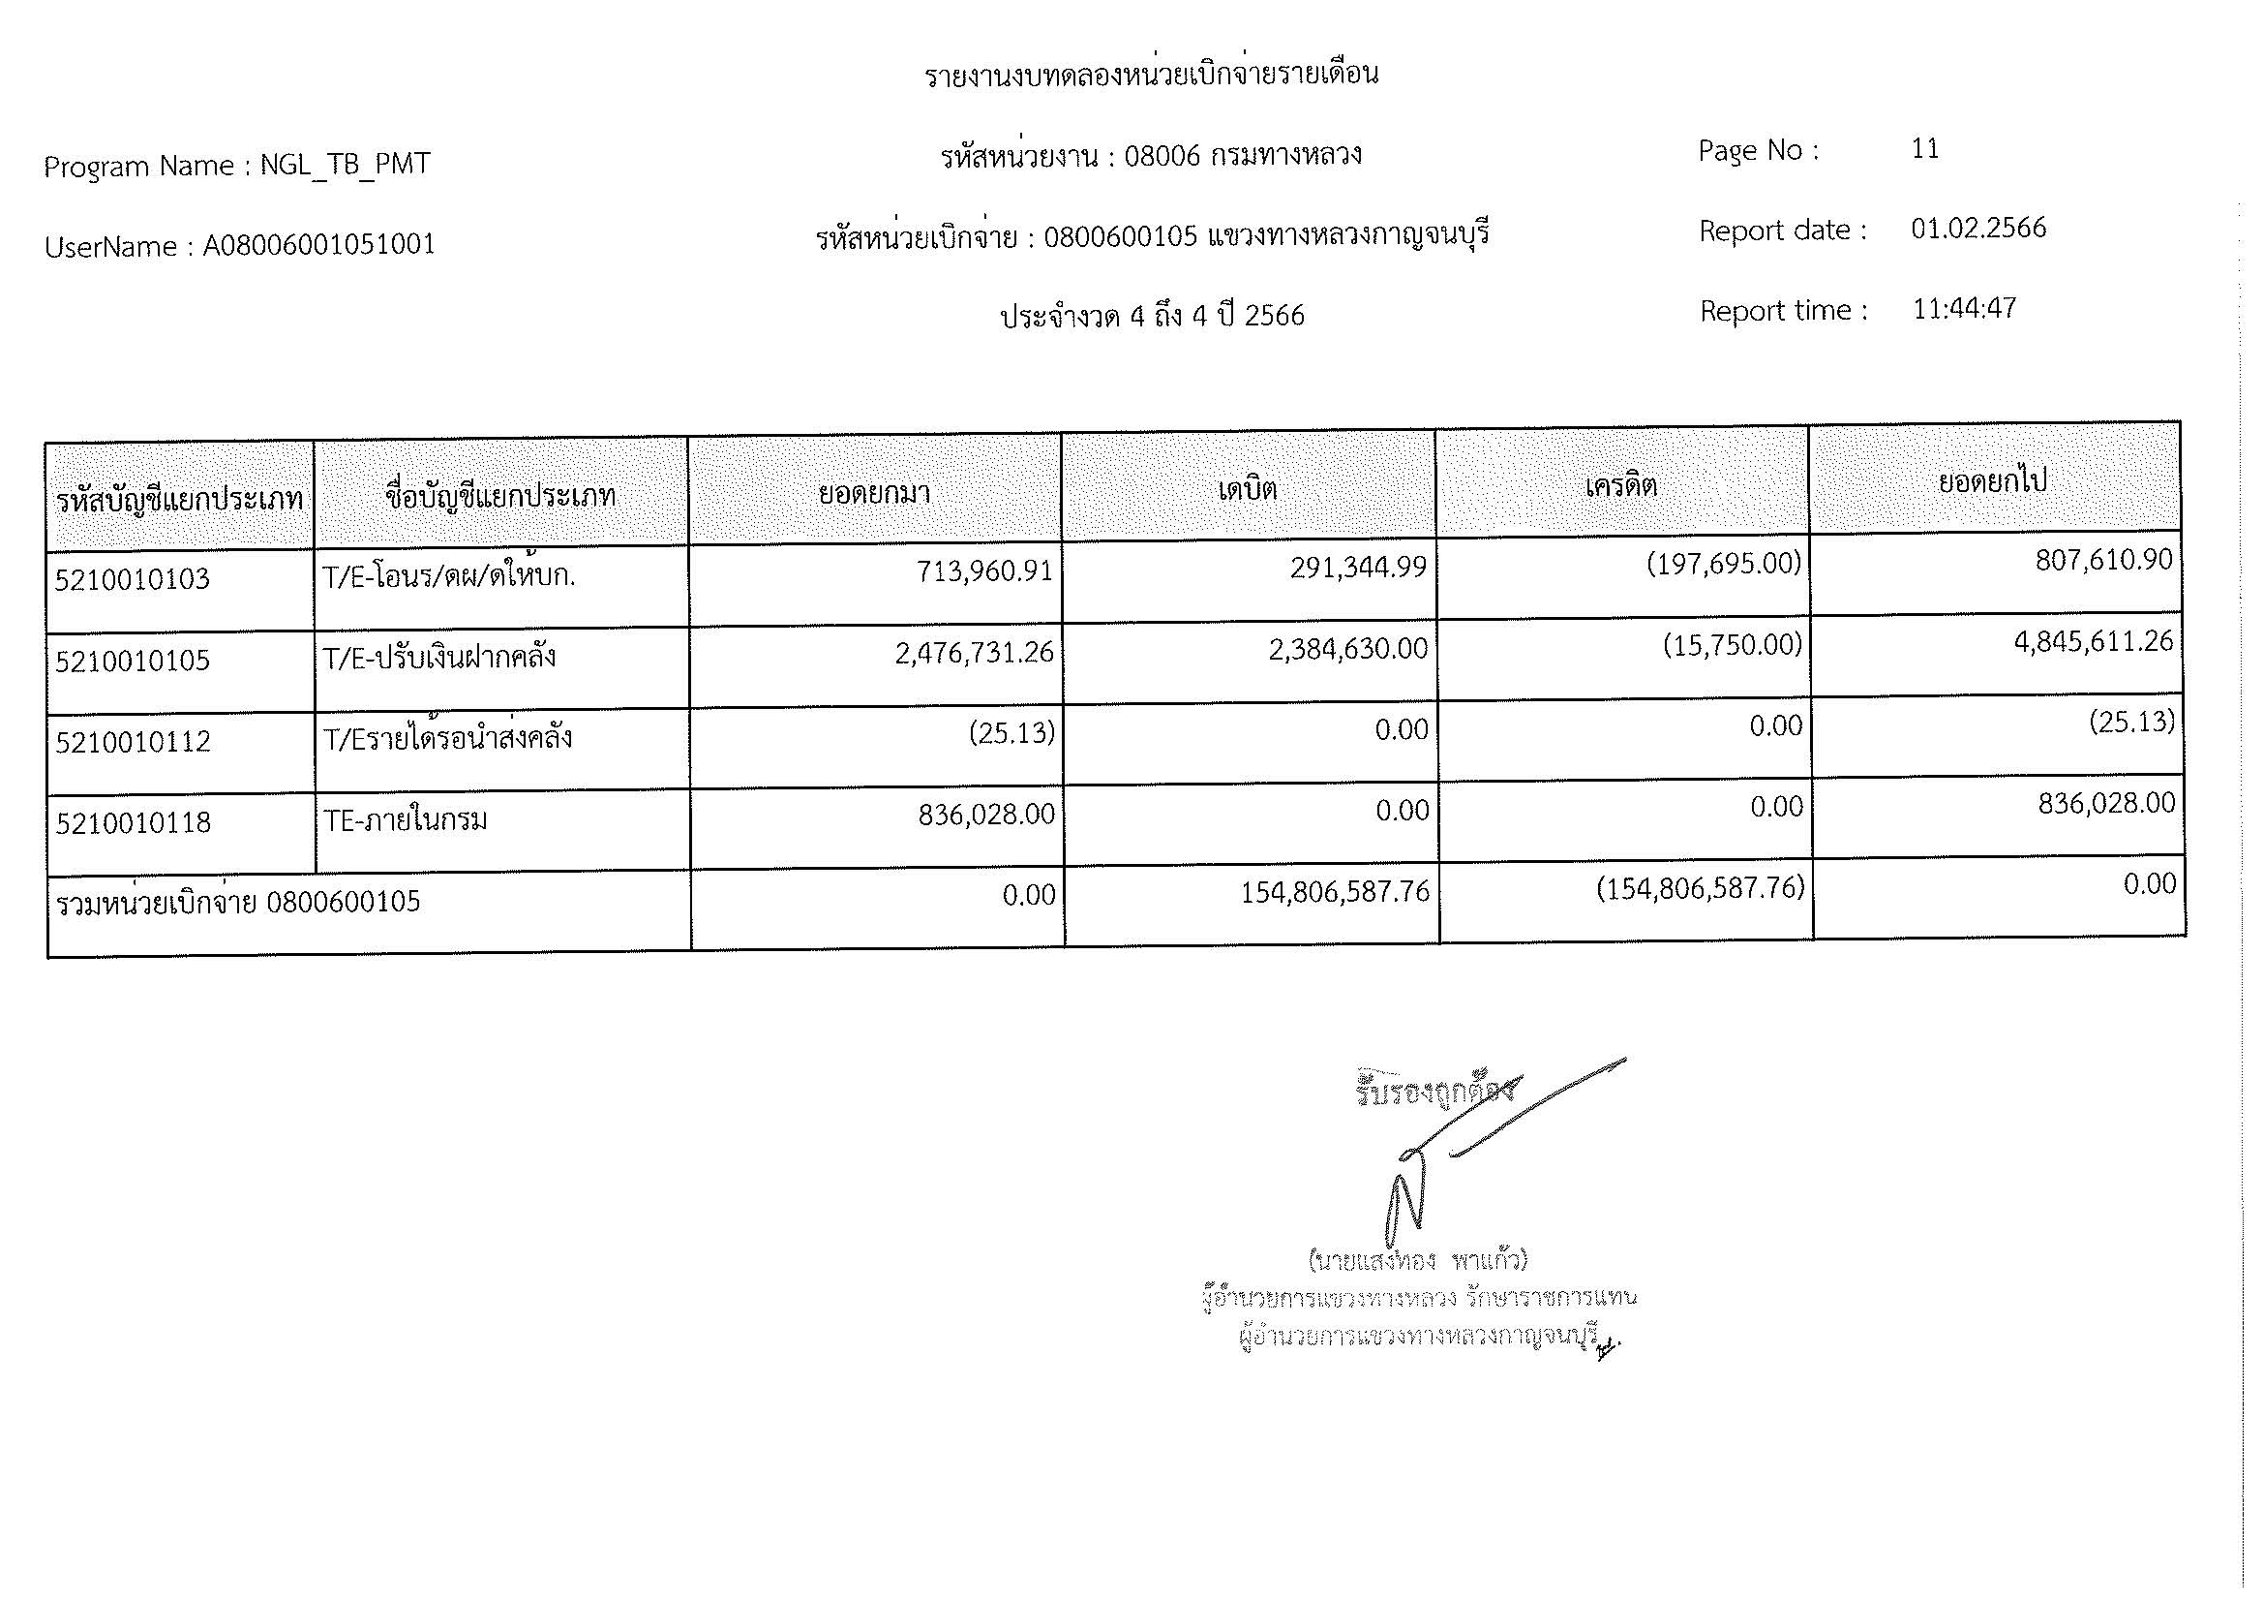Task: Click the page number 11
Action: (x=1924, y=149)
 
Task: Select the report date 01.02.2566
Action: (x=1977, y=229)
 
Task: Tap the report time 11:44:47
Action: (x=1963, y=309)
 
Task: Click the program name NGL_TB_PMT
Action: (x=346, y=164)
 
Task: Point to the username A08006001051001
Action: (x=318, y=245)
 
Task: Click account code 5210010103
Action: (x=133, y=579)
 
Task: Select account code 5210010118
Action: (x=134, y=822)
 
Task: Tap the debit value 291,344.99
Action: (x=1357, y=568)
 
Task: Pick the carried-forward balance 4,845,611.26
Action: (x=2093, y=642)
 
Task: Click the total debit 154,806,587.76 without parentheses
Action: (x=1334, y=892)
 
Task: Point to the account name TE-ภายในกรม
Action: (x=406, y=819)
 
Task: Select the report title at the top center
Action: (x=1151, y=75)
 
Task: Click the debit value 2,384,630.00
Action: (x=1347, y=649)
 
